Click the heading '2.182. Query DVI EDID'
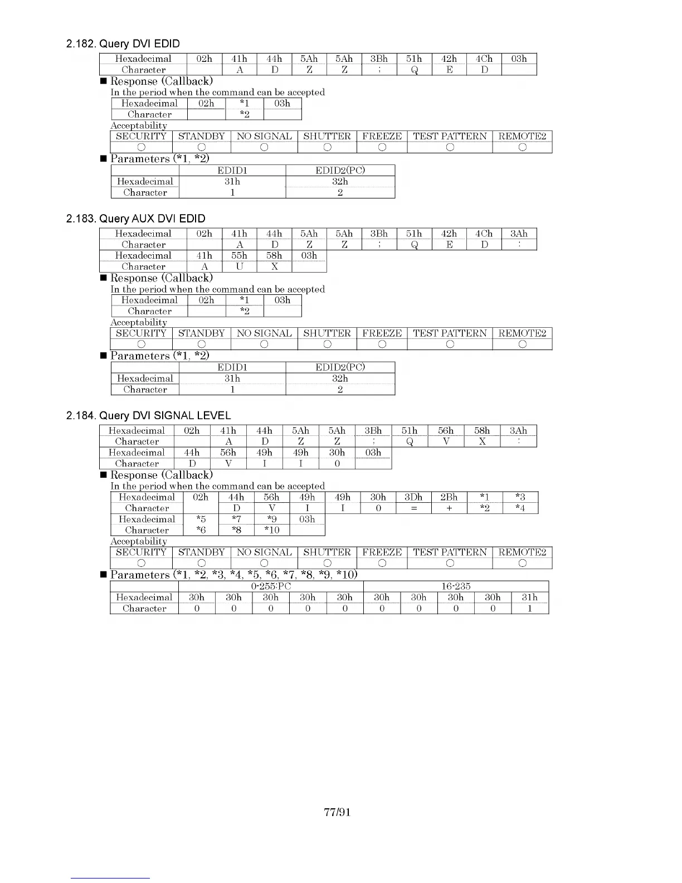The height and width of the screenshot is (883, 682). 123,44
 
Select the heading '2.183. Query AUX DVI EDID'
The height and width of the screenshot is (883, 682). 135,219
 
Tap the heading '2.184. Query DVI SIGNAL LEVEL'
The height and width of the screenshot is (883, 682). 148,415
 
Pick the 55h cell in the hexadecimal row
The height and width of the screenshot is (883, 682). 239,255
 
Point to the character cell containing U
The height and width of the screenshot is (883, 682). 239,266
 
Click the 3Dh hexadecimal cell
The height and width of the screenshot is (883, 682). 413,497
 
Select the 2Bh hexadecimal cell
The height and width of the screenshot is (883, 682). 449,497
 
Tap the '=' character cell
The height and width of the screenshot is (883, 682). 413,508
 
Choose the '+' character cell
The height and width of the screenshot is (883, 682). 449,508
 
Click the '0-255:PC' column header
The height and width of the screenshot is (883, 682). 271,586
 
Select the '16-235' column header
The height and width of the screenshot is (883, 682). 456,586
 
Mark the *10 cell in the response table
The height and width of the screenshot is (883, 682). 271,530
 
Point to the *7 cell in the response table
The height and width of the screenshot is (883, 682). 236,519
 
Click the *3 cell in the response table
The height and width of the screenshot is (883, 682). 520,497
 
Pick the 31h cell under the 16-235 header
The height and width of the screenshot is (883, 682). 529,597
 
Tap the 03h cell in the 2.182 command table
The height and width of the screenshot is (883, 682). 519,59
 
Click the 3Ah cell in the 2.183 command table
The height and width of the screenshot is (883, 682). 519,234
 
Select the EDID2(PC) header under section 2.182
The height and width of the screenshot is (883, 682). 340,170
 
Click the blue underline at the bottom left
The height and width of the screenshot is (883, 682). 110,878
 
